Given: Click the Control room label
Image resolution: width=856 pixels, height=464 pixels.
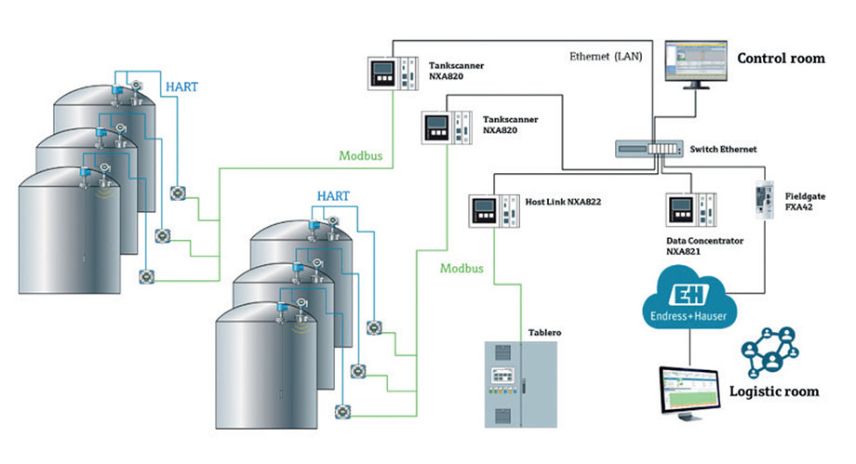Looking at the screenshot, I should [x=781, y=59].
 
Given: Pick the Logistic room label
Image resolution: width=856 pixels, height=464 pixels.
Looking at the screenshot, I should [x=773, y=391].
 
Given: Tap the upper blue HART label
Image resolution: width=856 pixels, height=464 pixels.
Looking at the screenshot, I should [x=181, y=86].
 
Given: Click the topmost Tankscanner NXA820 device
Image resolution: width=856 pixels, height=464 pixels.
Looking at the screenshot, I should [x=389, y=73].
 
